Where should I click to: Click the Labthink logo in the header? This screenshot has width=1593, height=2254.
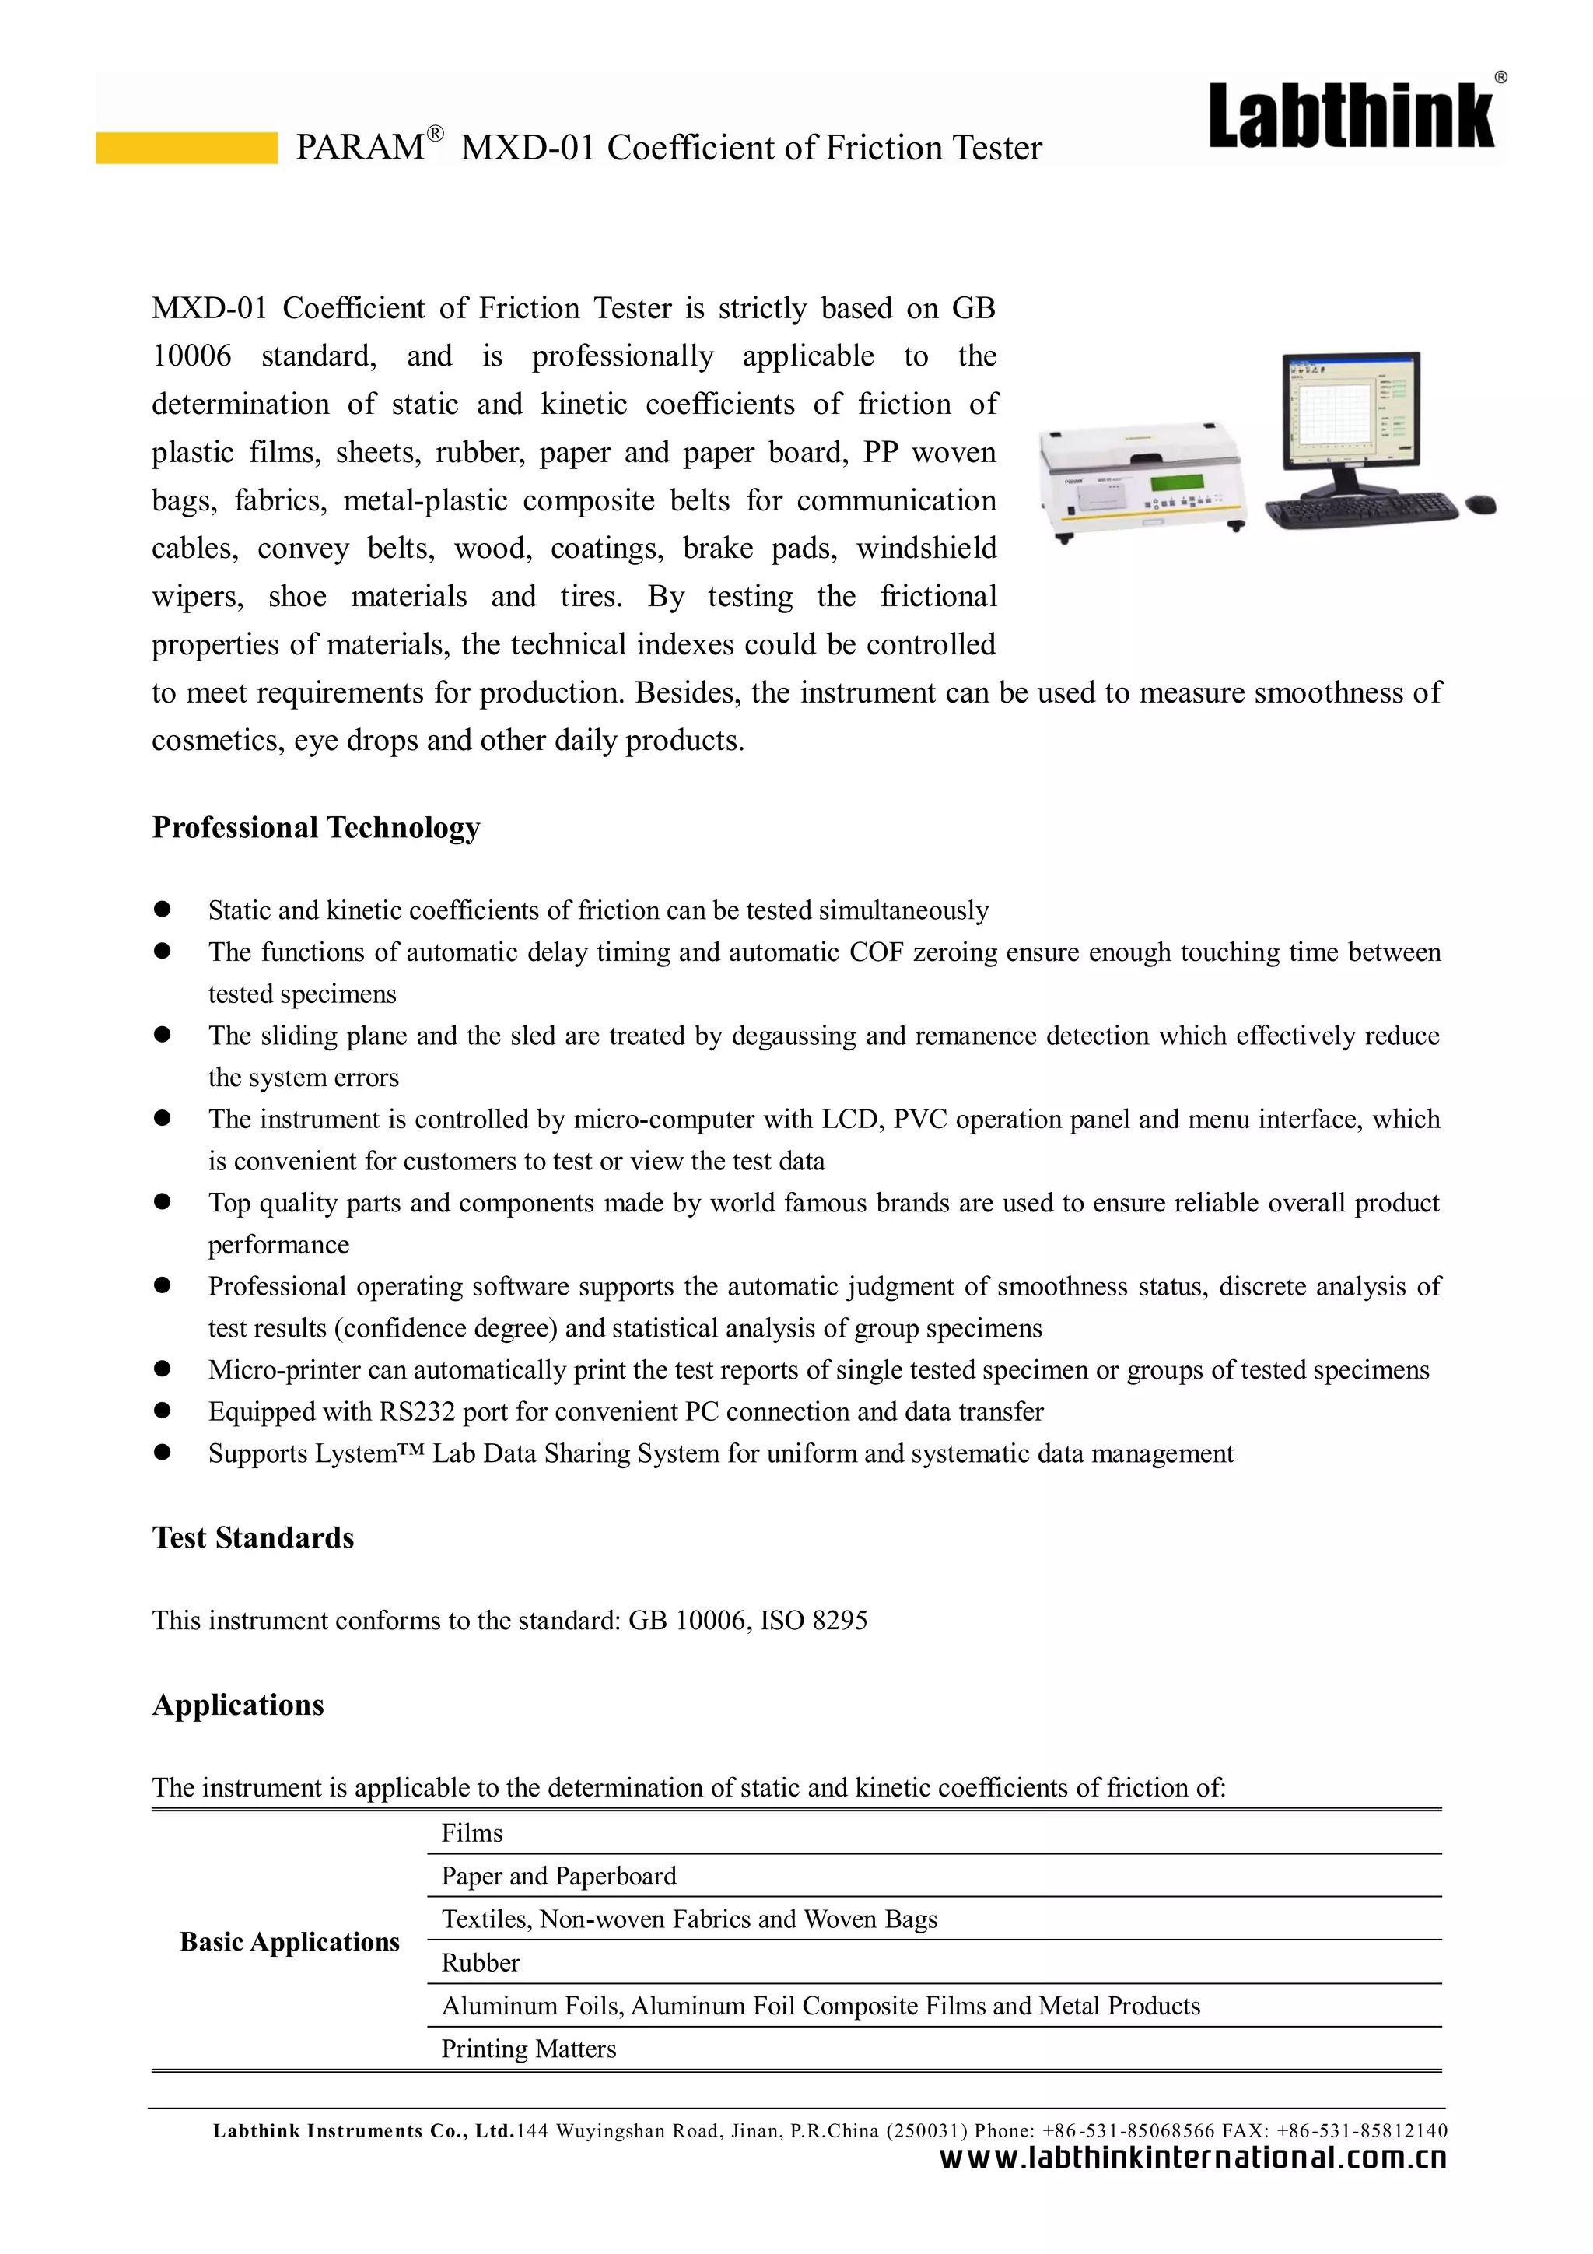click(1352, 116)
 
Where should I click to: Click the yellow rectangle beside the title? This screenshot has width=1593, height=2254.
click(187, 147)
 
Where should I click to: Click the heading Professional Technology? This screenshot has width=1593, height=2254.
click(316, 828)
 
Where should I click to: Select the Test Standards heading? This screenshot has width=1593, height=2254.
click(254, 1537)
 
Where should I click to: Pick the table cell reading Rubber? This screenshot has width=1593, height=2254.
click(481, 1962)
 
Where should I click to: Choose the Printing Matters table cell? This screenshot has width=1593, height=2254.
click(529, 2049)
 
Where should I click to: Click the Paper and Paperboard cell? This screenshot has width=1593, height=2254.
click(558, 1876)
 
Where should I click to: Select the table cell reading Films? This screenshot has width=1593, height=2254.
click(472, 1833)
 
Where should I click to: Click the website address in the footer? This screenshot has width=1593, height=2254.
click(1192, 2158)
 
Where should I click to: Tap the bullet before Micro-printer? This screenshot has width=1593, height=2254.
click(163, 1369)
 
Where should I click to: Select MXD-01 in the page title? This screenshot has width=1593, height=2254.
click(527, 149)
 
